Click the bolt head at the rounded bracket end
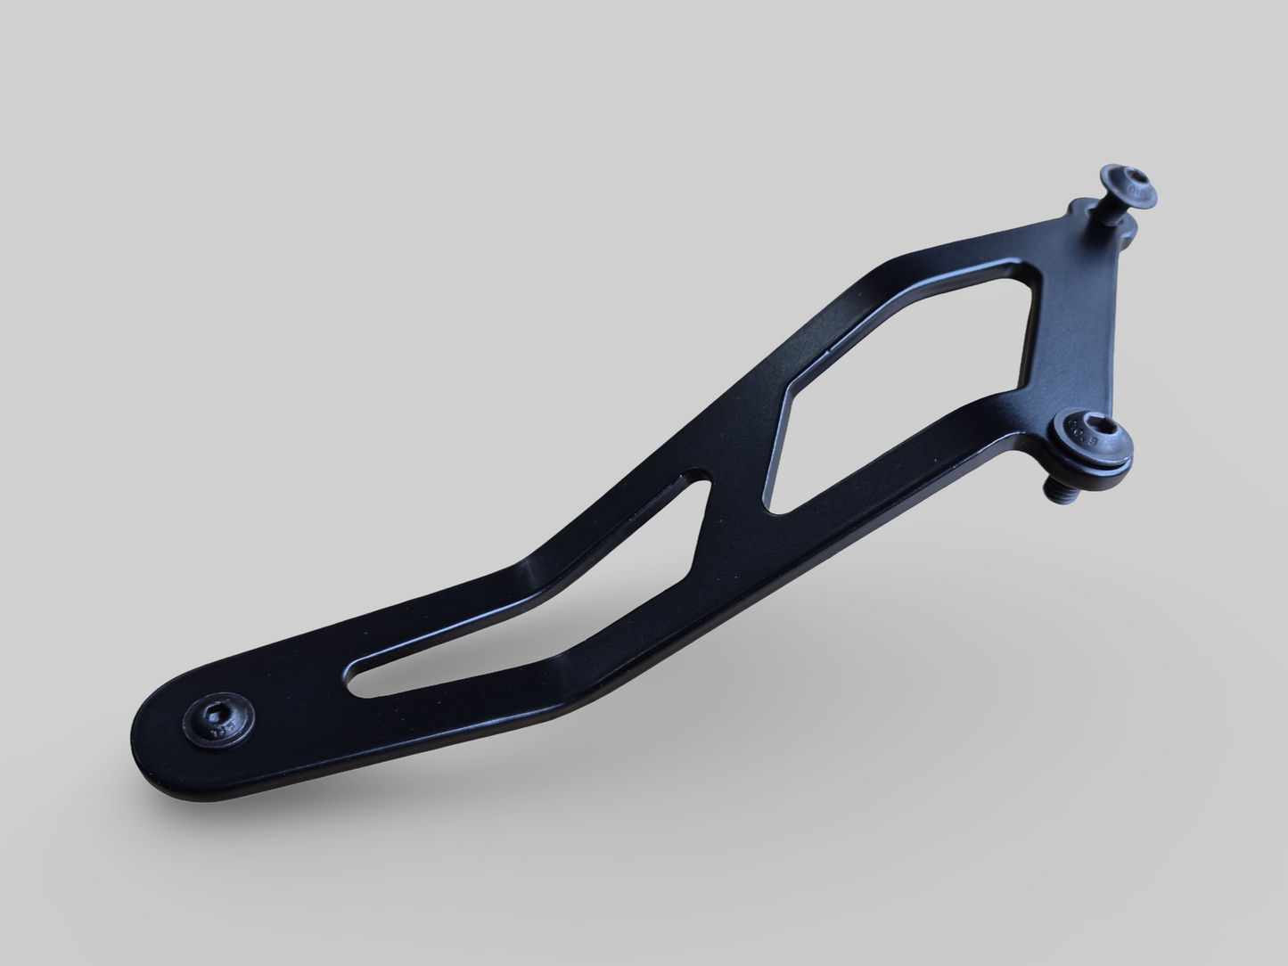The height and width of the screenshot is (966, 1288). [217, 717]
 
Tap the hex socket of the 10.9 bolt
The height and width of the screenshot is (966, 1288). [1099, 435]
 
